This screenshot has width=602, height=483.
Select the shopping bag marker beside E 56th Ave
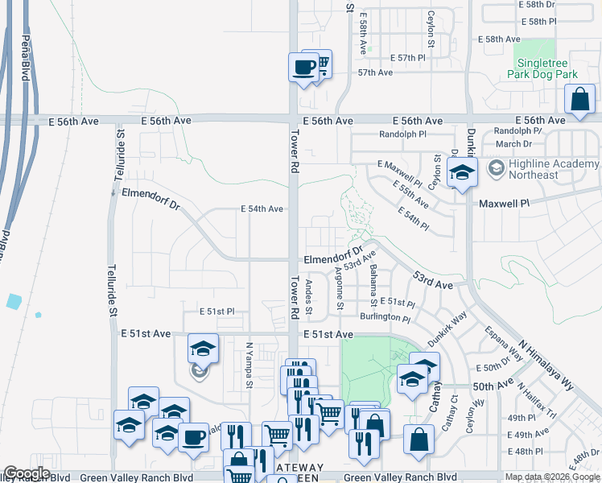(x=579, y=101)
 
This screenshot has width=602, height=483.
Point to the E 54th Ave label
(x=262, y=208)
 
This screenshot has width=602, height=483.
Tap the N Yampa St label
(x=249, y=359)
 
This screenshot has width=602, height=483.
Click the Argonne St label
(x=340, y=291)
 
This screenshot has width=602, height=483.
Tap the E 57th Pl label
(x=407, y=58)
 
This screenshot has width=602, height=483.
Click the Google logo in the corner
(x=27, y=473)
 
